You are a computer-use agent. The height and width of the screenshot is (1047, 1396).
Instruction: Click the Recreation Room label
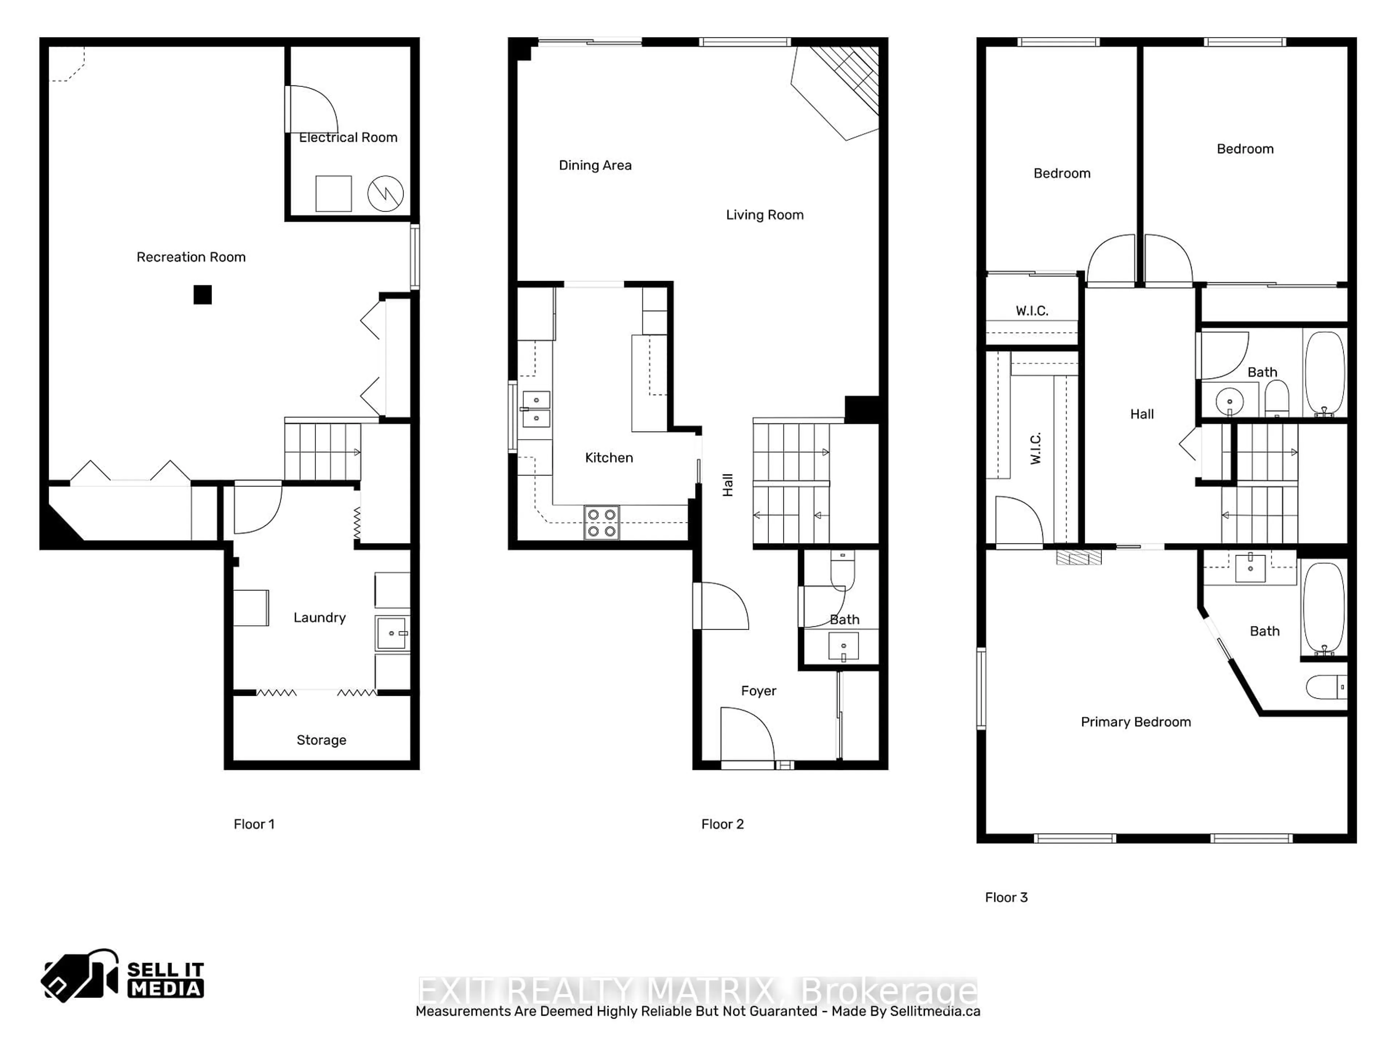point(190,257)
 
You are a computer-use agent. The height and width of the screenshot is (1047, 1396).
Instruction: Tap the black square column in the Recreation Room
point(202,295)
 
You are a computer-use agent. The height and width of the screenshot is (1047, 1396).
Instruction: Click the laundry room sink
point(392,633)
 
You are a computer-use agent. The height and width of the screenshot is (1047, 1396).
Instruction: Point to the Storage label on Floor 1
point(321,740)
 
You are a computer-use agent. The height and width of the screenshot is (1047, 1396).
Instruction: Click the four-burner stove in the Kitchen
point(601,522)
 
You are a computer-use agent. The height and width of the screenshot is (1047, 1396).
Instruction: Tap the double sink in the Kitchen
point(536,409)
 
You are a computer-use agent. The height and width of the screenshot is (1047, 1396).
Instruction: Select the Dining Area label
point(595,165)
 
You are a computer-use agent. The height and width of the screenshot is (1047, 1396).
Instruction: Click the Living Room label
point(764,215)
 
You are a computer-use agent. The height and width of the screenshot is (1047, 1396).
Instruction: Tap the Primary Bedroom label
point(1135,722)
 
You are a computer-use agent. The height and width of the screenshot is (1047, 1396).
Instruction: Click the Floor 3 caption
point(1006,898)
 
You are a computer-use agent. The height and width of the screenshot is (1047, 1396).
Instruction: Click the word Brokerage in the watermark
point(888,991)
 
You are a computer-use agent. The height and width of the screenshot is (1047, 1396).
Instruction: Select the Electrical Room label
point(348,137)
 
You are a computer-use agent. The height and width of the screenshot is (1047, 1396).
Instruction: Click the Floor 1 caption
point(254,824)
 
